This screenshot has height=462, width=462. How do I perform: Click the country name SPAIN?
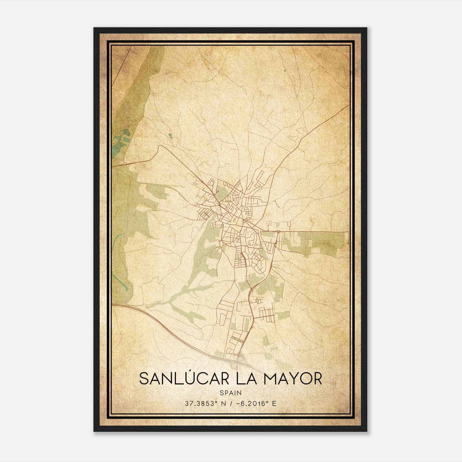(230, 393)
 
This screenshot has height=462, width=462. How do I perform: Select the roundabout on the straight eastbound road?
(278, 231)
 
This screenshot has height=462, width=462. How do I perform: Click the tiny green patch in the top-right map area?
(285, 70)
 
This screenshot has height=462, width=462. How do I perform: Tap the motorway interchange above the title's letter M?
(241, 358)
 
